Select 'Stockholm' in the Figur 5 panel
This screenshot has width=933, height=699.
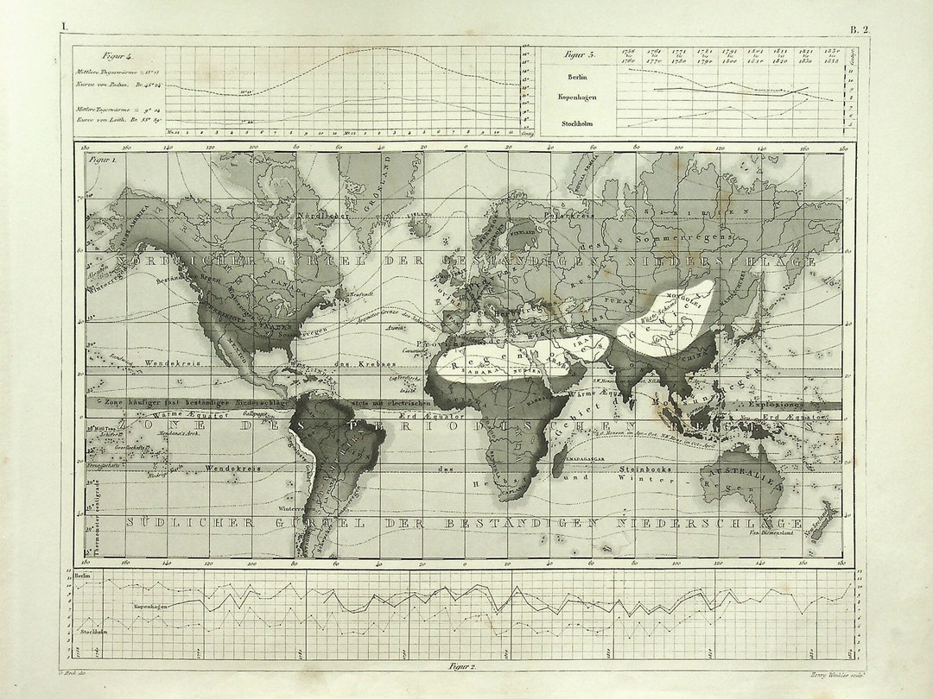click(x=578, y=123)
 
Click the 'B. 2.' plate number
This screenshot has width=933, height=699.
click(x=860, y=28)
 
